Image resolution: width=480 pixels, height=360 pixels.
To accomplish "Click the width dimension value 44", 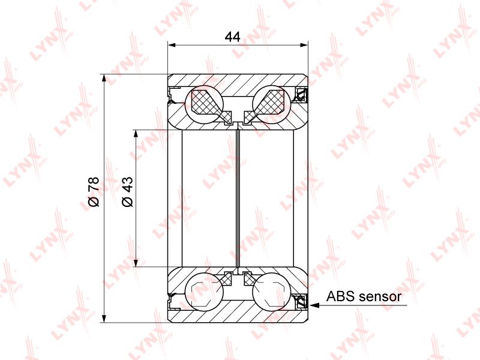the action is (232, 37).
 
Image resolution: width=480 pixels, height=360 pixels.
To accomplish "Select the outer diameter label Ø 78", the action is (94, 191).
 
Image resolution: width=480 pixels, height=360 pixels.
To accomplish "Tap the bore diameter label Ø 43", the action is (127, 191).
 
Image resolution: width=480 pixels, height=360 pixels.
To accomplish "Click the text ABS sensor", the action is (364, 296).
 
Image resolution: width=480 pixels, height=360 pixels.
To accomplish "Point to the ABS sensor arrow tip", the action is (310, 305).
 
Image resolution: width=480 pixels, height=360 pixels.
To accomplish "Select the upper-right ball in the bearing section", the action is (272, 103).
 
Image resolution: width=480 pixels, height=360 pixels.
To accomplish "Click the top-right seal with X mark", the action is (300, 95).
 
